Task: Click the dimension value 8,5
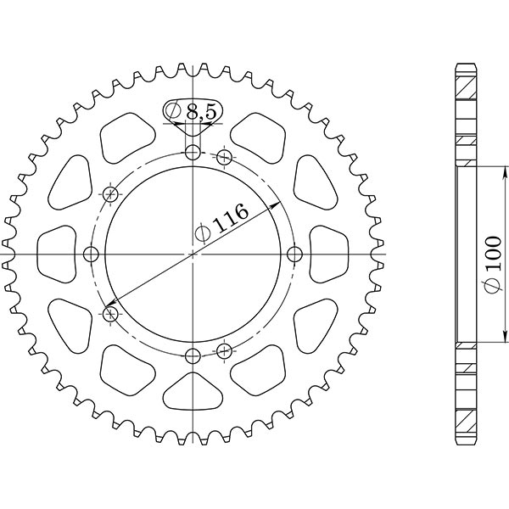pos(201,110)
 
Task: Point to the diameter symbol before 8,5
pos(173,111)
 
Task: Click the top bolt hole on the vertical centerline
pos(193,154)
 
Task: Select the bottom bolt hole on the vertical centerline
pos(193,355)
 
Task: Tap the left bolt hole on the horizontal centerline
pos(93,255)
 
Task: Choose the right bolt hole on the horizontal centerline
pos(294,255)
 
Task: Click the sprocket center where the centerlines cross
pos(193,255)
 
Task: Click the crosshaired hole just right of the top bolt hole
pos(225,157)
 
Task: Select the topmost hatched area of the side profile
pos(466,81)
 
